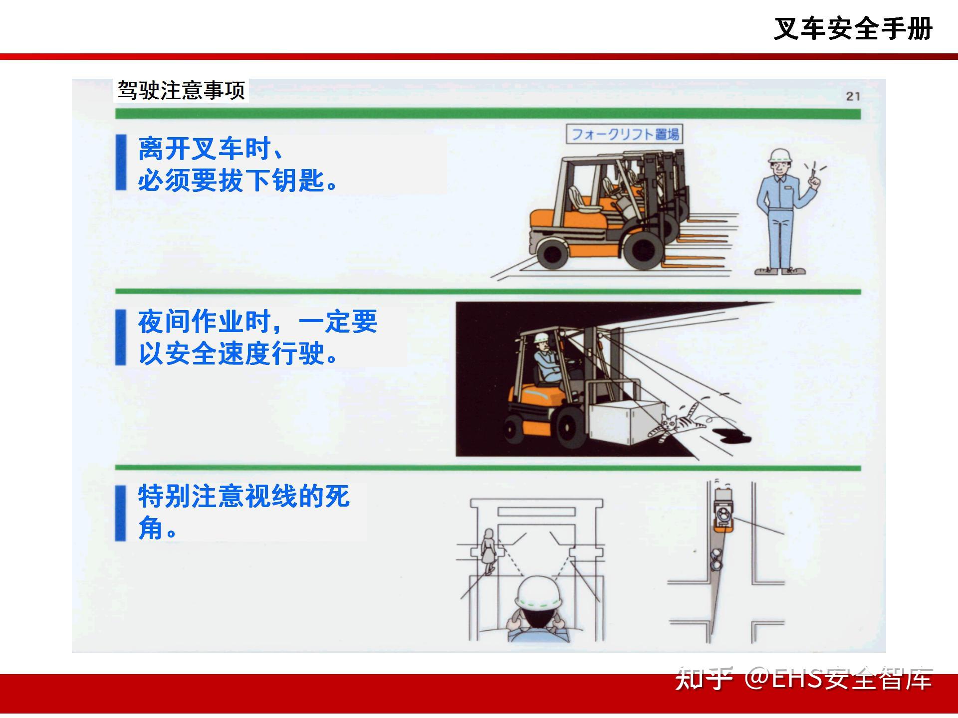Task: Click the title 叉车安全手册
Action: point(853,28)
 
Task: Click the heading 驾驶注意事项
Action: point(181,90)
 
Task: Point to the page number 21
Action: point(853,96)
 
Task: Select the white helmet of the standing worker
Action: point(781,155)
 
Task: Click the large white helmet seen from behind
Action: point(539,594)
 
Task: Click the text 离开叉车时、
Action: point(212,149)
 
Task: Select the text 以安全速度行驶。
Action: point(239,354)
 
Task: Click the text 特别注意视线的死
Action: point(244,496)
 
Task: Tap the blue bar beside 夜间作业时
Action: point(121,338)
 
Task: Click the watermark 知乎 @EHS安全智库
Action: point(803,679)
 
